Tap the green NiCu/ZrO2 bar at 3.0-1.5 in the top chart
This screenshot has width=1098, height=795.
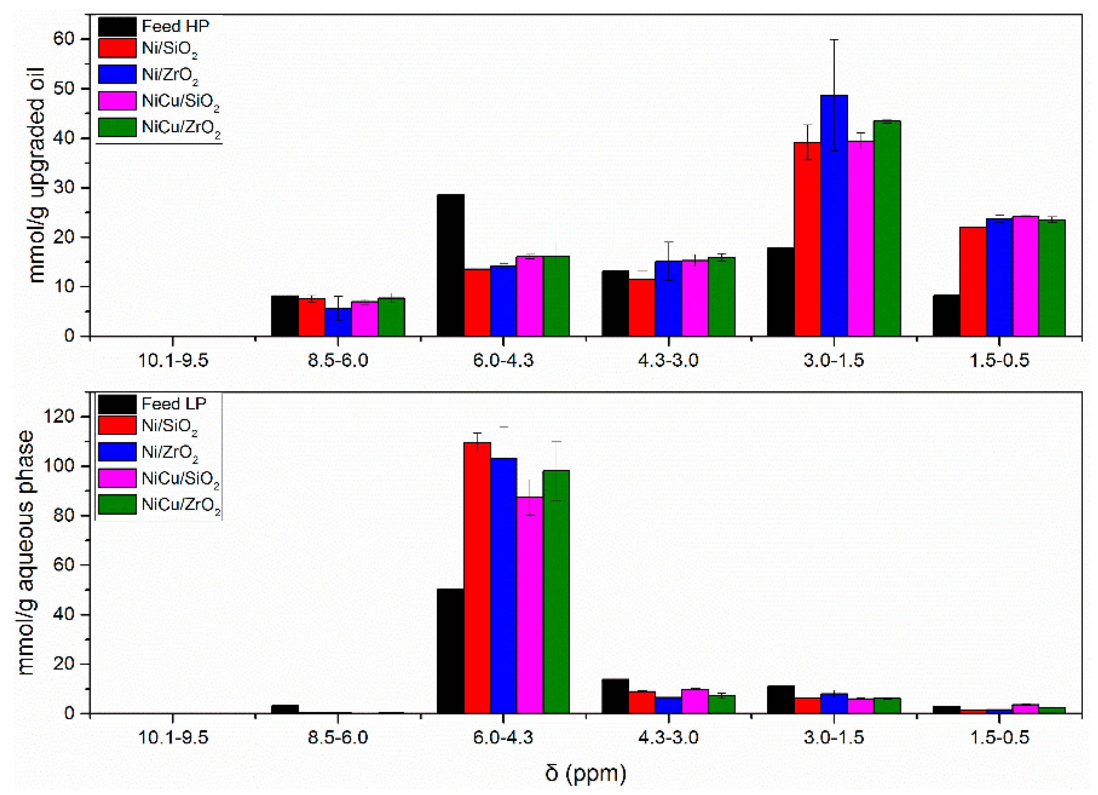click(887, 228)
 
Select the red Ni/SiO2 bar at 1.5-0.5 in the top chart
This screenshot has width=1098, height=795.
click(973, 282)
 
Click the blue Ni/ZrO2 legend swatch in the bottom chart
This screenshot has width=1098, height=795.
click(117, 452)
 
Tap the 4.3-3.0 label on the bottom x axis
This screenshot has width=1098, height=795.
click(668, 738)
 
